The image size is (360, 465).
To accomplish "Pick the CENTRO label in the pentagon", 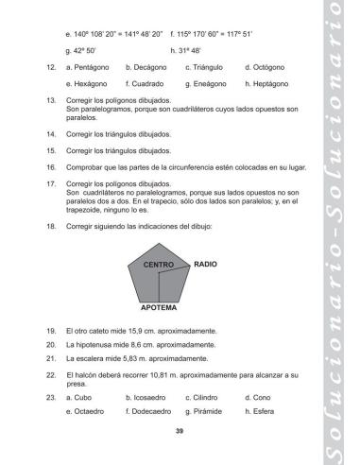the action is click(158, 267).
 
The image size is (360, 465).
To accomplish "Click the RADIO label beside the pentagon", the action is click(205, 266).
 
